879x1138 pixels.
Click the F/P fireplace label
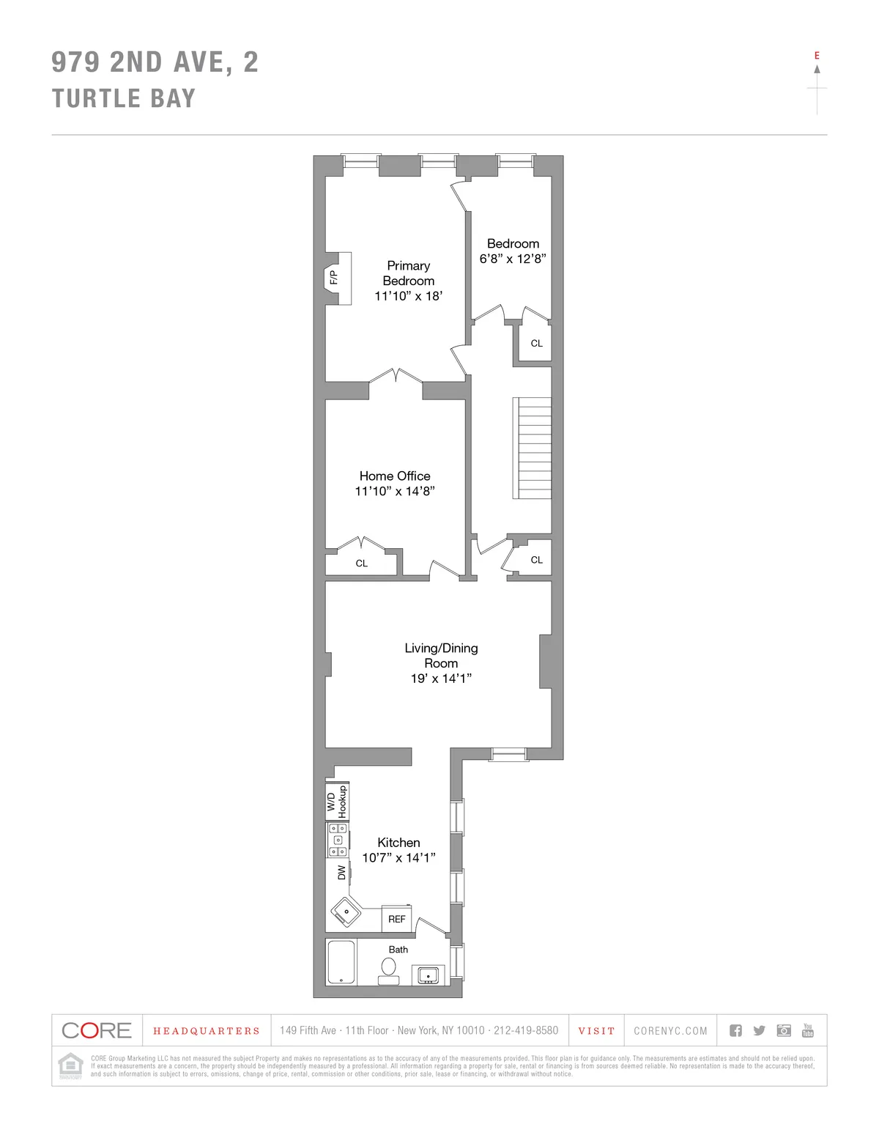pos(333,278)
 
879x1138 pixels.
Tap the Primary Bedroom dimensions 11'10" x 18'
pos(408,296)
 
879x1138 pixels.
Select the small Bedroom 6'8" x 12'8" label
pos(513,251)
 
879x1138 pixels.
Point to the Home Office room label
pos(395,476)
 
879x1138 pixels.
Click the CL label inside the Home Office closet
pos(361,564)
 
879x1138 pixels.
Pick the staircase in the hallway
pos(533,447)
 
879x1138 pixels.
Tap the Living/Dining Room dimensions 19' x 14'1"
pos(441,679)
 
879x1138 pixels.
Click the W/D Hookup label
pos(337,801)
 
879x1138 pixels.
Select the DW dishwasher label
pos(341,873)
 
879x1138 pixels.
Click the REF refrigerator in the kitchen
pos(397,919)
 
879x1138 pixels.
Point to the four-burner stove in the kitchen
pos(338,840)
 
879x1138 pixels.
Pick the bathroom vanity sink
pos(428,975)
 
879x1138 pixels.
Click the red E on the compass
pos(817,56)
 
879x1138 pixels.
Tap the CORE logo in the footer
pos(97,1030)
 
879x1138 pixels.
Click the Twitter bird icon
pos(760,1030)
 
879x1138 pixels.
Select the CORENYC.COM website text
pos(670,1031)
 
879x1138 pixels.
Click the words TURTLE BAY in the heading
pos(124,98)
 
